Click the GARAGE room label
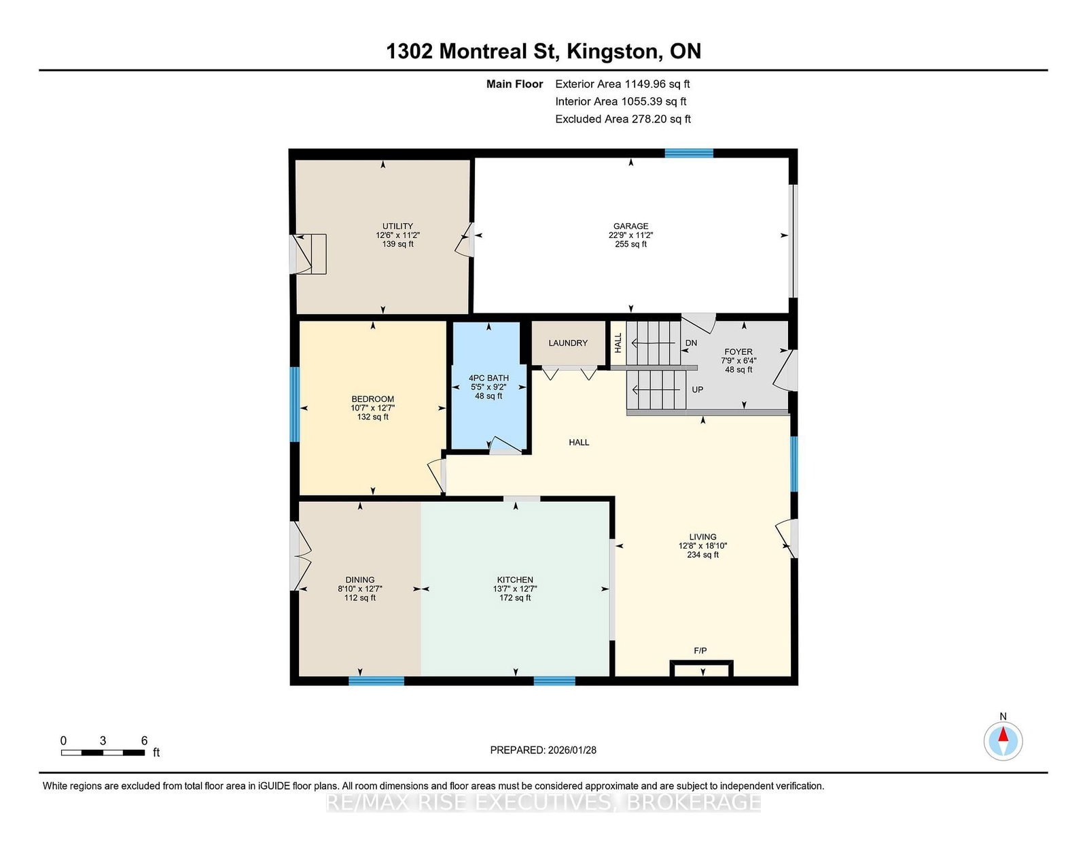pyautogui.click(x=630, y=226)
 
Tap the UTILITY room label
pyautogui.click(x=397, y=226)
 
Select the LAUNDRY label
pyautogui.click(x=568, y=343)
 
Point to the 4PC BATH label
pyautogui.click(x=488, y=378)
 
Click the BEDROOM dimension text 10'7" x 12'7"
pyautogui.click(x=373, y=408)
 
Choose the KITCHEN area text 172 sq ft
pyautogui.click(x=515, y=598)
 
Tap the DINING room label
pyautogui.click(x=359, y=580)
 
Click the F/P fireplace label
pyautogui.click(x=700, y=651)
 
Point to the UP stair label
pyautogui.click(x=697, y=390)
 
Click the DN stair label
pyautogui.click(x=692, y=343)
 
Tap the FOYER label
pyautogui.click(x=738, y=352)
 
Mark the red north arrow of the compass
pyautogui.click(x=1003, y=734)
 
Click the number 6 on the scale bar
pyautogui.click(x=144, y=740)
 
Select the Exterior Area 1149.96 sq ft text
pyautogui.click(x=622, y=84)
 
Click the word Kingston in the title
pyautogui.click(x=612, y=52)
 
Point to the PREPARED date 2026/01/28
pyautogui.click(x=572, y=750)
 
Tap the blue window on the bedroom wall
pyautogui.click(x=295, y=405)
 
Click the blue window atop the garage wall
pyautogui.click(x=689, y=153)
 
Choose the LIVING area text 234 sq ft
pyautogui.click(x=703, y=555)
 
